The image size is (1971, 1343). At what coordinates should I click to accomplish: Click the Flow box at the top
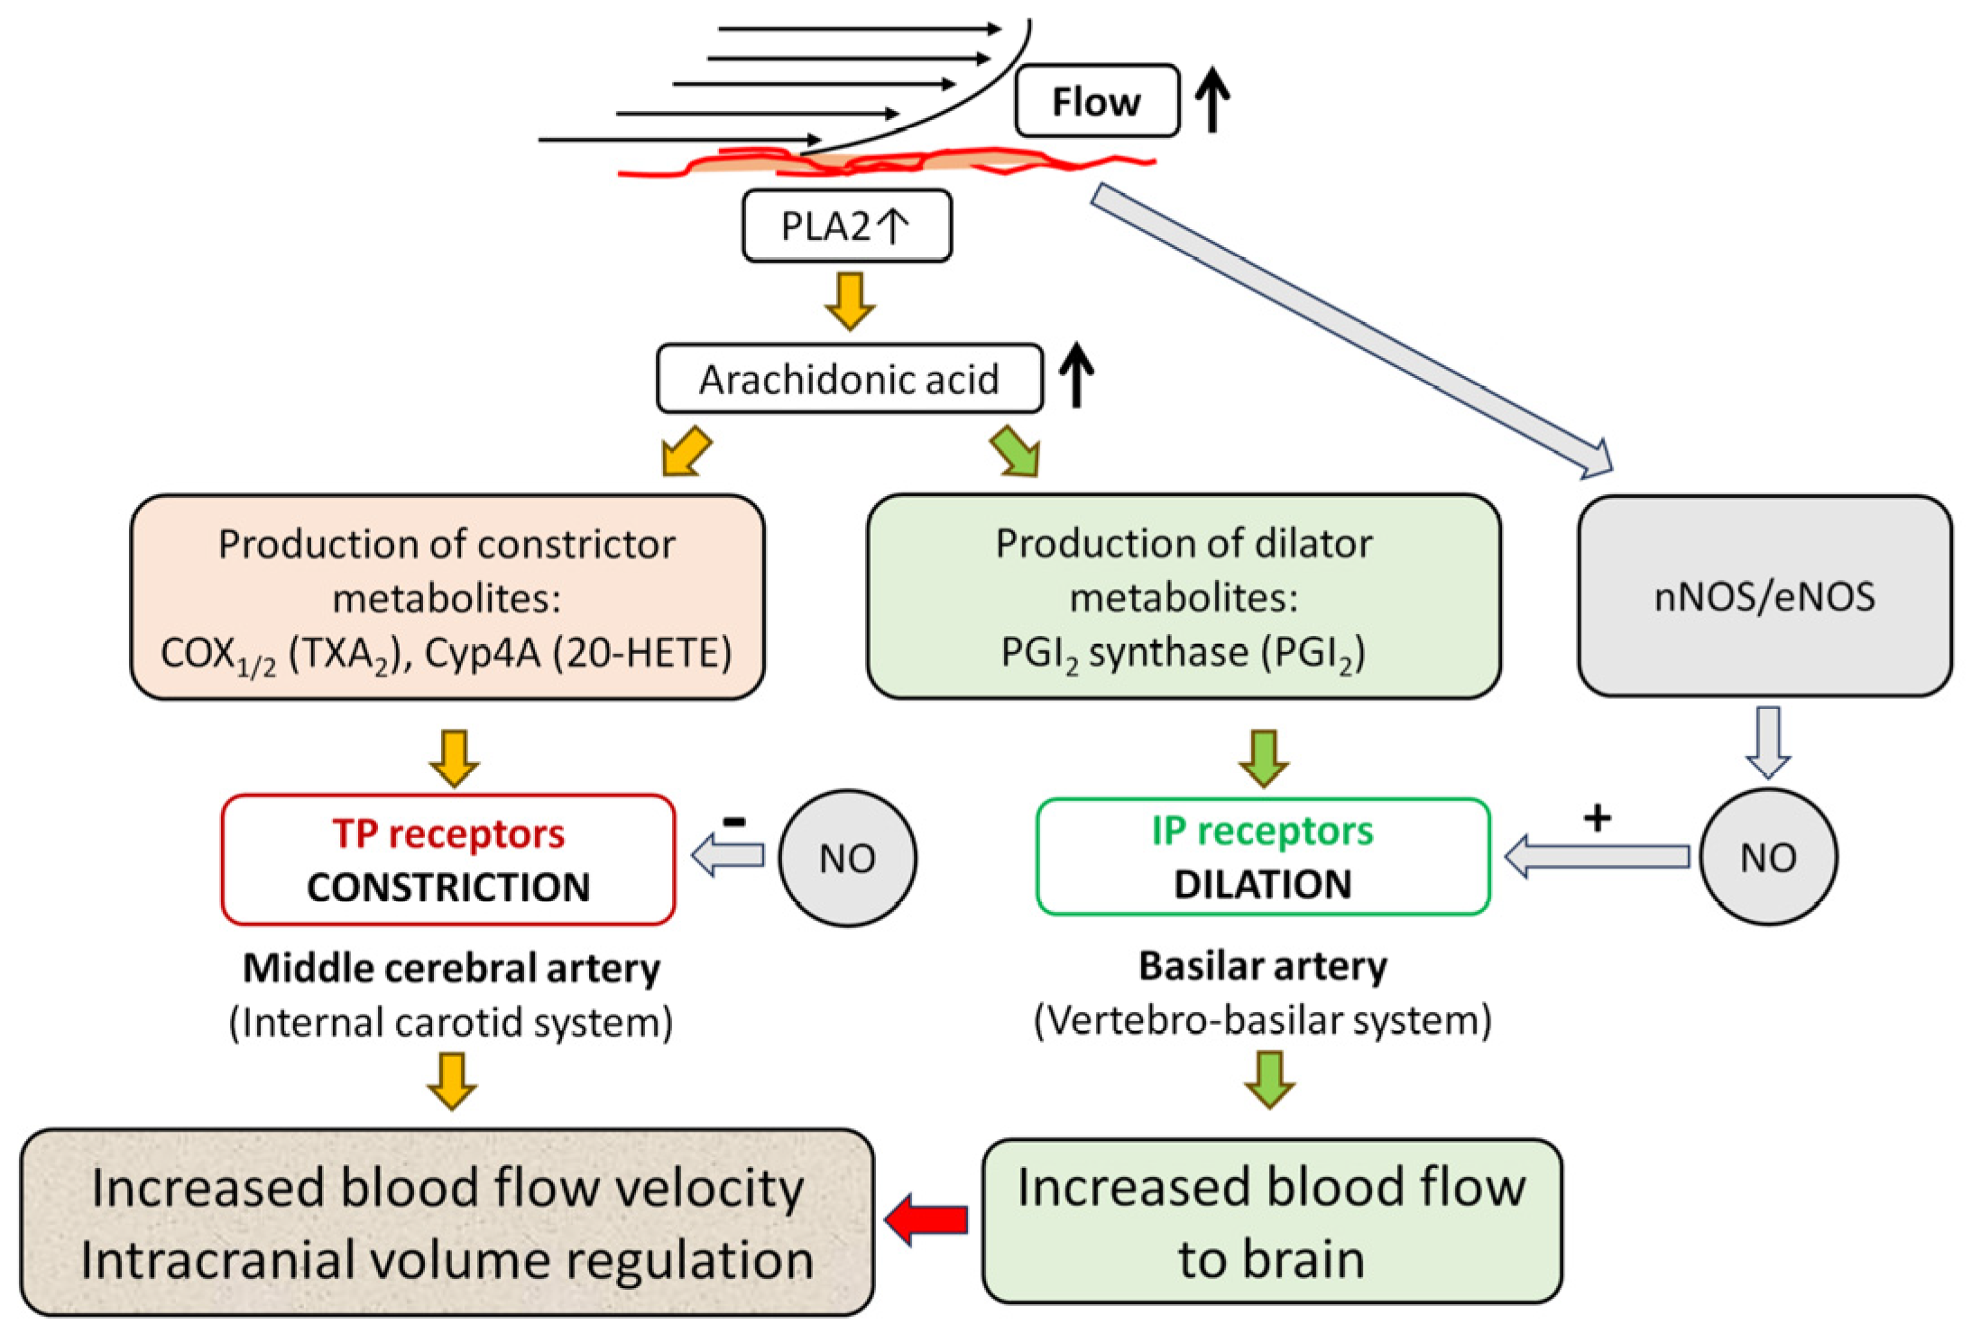(x=1096, y=100)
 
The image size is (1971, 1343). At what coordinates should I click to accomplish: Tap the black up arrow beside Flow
(x=1212, y=100)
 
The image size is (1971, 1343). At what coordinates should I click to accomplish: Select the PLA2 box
(x=846, y=225)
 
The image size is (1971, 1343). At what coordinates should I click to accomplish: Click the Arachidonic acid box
(x=849, y=379)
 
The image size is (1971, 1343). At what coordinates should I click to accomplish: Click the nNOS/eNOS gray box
(x=1764, y=595)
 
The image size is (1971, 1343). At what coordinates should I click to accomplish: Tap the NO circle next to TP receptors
(x=847, y=858)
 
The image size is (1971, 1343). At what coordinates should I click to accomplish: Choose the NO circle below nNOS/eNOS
(x=1768, y=856)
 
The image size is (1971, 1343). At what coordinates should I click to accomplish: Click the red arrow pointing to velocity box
(x=926, y=1219)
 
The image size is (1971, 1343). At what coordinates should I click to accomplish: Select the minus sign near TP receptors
(x=734, y=821)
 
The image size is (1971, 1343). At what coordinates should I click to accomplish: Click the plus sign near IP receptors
(x=1597, y=818)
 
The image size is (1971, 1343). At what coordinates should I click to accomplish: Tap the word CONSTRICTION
(x=448, y=887)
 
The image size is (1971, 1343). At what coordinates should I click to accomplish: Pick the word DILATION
(x=1263, y=884)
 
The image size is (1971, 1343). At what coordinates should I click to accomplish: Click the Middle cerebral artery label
(x=451, y=969)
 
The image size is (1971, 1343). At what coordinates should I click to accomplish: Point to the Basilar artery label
(x=1263, y=966)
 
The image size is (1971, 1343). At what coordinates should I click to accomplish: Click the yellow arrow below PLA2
(x=850, y=301)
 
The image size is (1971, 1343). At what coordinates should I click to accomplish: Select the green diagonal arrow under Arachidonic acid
(x=1017, y=451)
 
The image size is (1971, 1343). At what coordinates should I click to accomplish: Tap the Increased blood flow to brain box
(x=1272, y=1221)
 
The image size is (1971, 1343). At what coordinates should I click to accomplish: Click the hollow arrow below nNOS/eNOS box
(x=1768, y=741)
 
